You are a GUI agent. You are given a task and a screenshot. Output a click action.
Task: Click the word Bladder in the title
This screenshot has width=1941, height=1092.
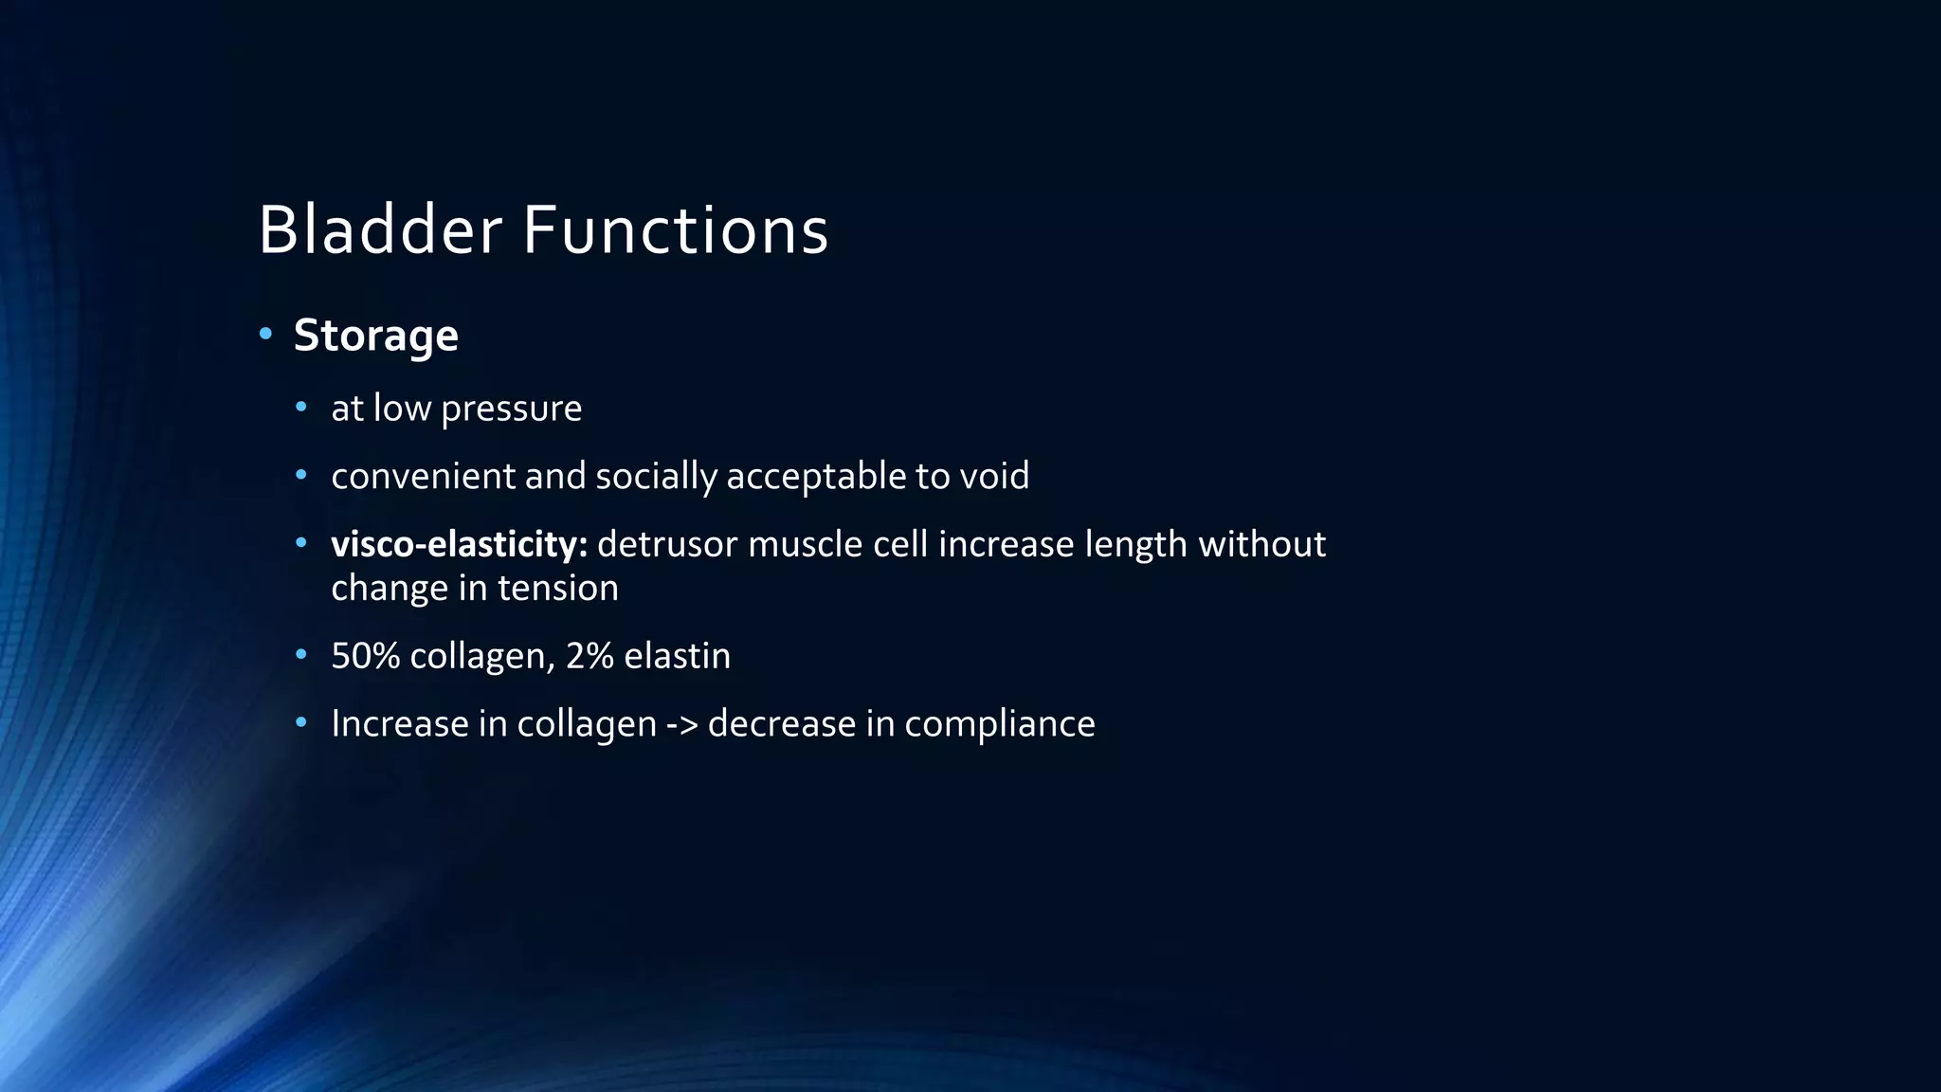pyautogui.click(x=379, y=230)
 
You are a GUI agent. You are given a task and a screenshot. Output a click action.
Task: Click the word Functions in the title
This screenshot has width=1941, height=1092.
pyautogui.click(x=676, y=230)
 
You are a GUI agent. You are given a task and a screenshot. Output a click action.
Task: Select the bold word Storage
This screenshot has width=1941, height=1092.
pyautogui.click(x=375, y=336)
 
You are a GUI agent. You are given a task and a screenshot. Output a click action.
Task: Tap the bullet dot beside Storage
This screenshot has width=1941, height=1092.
pyautogui.click(x=265, y=334)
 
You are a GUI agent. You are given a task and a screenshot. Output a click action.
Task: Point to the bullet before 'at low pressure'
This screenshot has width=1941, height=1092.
pyautogui.click(x=301, y=408)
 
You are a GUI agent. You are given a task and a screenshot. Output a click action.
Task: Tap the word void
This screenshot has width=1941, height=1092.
pyautogui.click(x=994, y=476)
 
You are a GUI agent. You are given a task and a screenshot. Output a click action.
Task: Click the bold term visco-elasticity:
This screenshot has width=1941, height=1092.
pyautogui.click(x=459, y=544)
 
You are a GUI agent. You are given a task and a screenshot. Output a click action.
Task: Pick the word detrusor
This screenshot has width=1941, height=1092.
pyautogui.click(x=666, y=544)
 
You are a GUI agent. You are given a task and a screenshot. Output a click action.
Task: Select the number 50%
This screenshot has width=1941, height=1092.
pyautogui.click(x=365, y=656)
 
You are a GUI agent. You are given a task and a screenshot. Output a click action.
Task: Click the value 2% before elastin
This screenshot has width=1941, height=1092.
pyautogui.click(x=590, y=656)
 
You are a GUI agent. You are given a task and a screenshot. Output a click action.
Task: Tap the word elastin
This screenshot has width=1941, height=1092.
pyautogui.click(x=677, y=656)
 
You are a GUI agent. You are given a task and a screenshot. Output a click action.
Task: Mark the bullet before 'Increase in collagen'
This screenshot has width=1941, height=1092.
pyautogui.click(x=301, y=723)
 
